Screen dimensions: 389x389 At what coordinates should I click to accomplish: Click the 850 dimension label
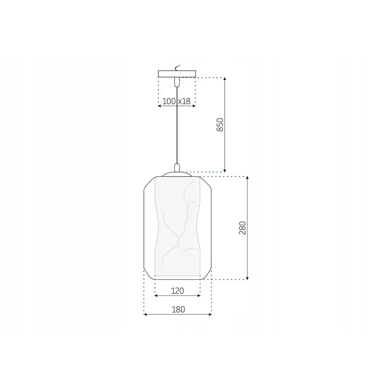click(x=220, y=124)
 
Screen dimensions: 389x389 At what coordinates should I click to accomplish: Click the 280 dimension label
click(x=242, y=228)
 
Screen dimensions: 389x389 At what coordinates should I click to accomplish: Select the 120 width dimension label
click(x=177, y=290)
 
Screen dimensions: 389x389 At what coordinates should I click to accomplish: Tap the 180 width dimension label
click(x=178, y=310)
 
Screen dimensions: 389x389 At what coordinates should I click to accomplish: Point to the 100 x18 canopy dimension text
click(x=176, y=101)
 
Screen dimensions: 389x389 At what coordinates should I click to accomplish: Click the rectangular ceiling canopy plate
click(x=177, y=74)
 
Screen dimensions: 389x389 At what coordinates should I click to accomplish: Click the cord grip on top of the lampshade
click(x=177, y=168)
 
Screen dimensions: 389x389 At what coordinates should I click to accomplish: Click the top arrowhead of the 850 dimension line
click(x=225, y=79)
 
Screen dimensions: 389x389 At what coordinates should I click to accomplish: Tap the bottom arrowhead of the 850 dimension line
click(x=225, y=170)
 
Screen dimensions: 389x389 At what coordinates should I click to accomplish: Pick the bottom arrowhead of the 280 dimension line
click(x=247, y=278)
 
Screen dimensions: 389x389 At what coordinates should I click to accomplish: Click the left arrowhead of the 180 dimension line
click(x=145, y=314)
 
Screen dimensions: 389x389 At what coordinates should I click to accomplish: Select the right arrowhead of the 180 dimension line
click(x=210, y=314)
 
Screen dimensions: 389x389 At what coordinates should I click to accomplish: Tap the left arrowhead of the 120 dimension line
click(x=156, y=296)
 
